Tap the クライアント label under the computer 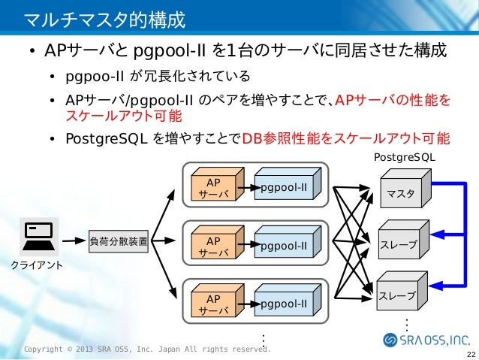pos(36,265)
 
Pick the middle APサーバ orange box pos(213,247)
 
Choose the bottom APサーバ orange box pos(213,304)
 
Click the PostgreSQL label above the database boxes pos(404,158)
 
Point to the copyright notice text pos(146,349)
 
